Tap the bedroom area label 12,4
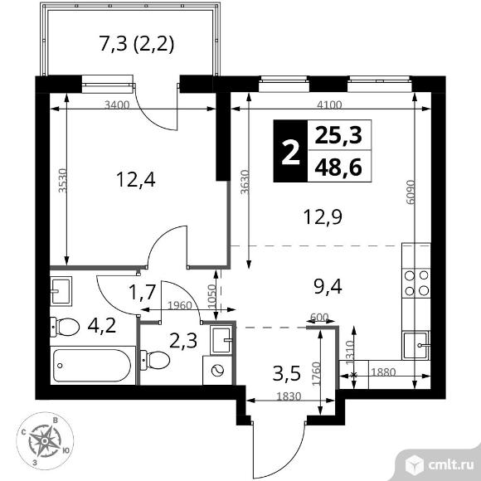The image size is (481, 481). [136, 180]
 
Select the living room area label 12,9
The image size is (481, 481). [323, 217]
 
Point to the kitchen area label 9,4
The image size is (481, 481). [328, 287]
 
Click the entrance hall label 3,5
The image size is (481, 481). [286, 374]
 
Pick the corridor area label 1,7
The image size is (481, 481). [143, 292]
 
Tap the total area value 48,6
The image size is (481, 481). [338, 168]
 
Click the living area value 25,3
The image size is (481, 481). [338, 135]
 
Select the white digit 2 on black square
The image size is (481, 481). [290, 151]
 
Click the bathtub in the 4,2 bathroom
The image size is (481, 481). [93, 366]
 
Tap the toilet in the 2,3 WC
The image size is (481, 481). [155, 360]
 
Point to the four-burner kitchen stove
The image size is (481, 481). [416, 283]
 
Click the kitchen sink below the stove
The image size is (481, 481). [416, 345]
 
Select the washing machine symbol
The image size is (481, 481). [217, 370]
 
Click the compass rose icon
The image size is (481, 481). [45, 441]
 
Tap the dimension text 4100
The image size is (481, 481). [329, 105]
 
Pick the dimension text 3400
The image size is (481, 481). [117, 105]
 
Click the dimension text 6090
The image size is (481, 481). [410, 192]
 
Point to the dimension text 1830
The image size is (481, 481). [289, 396]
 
